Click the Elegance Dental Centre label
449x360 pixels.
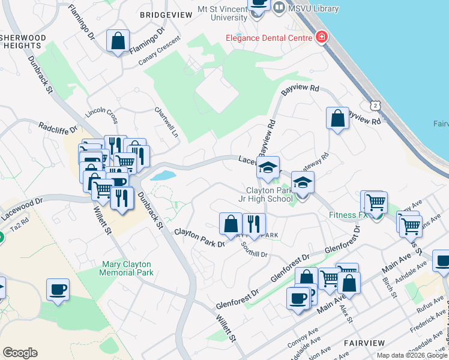(268, 38)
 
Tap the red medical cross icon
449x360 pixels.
(322, 37)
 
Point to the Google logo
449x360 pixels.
(20, 352)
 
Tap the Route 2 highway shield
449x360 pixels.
(375, 106)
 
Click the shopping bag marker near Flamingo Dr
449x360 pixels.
(118, 42)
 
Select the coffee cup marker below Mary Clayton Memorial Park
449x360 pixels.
(58, 290)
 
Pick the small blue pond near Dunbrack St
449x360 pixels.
(163, 176)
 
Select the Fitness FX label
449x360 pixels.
(348, 214)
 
